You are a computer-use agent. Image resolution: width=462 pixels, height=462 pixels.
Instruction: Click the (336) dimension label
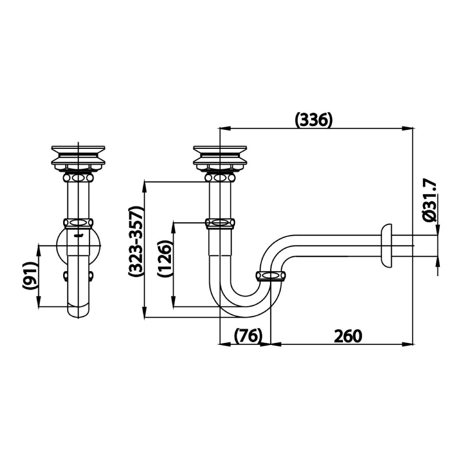314,120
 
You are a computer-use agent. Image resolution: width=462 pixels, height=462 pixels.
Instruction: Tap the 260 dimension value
348,336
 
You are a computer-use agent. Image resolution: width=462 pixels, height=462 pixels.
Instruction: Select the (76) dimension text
248,336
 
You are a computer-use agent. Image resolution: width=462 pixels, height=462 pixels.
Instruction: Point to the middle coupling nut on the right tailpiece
220,223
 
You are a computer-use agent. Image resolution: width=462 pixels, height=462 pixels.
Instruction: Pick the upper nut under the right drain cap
220,177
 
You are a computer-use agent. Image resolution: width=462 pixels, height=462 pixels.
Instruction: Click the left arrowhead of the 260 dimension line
274,344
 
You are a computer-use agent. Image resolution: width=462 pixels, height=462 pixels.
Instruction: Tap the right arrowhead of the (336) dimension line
411,127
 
